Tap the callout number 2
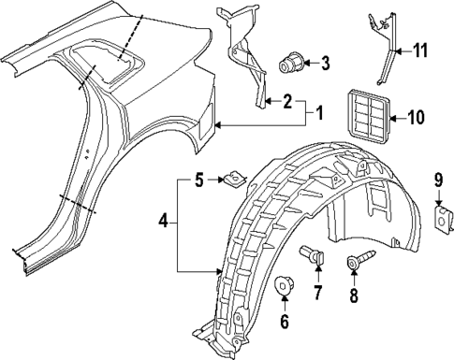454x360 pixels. tap(287, 101)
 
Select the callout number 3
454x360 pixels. tap(325, 64)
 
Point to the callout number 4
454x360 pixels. tap(165, 223)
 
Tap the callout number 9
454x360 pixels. tap(437, 179)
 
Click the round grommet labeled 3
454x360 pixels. tap(290, 64)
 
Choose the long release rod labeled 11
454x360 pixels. tap(384, 56)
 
